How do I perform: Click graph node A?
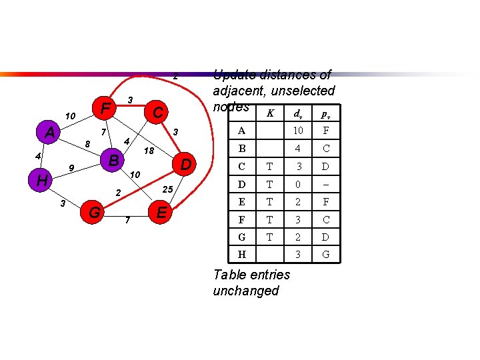click(49, 132)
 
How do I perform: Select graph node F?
click(104, 107)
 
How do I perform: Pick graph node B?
click(113, 160)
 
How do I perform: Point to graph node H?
click(41, 180)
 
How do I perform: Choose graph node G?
click(95, 213)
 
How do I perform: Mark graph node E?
click(160, 213)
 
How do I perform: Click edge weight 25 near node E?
click(168, 190)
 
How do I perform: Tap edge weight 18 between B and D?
click(149, 151)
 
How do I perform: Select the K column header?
click(270, 113)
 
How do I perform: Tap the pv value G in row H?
click(325, 254)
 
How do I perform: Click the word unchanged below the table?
click(245, 291)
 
